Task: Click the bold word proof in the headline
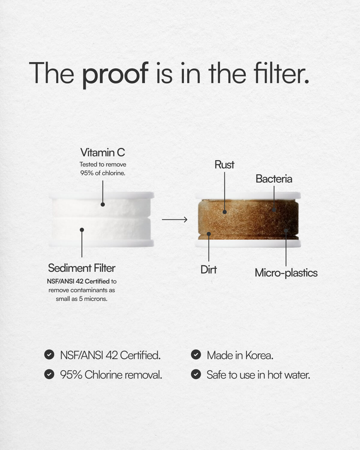click(115, 73)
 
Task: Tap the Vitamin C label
click(103, 152)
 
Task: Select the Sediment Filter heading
click(82, 268)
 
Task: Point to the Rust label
click(224, 165)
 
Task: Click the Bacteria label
click(274, 179)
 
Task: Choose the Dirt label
click(208, 270)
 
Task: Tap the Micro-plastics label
click(286, 273)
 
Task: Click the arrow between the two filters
click(175, 220)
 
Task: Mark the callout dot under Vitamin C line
click(103, 204)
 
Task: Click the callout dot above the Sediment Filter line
click(82, 230)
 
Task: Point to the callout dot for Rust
click(225, 212)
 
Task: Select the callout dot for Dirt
click(209, 234)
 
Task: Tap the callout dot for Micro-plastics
click(286, 231)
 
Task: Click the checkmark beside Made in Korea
click(196, 355)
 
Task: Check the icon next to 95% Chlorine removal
click(49, 374)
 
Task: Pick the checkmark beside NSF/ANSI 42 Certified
click(49, 355)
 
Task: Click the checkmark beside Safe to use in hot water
click(196, 374)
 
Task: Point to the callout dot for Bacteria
click(274, 210)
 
